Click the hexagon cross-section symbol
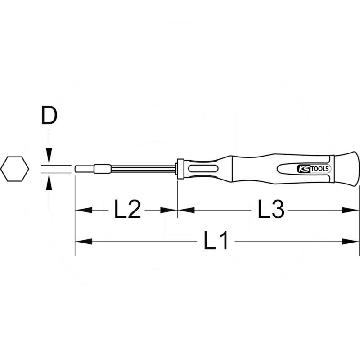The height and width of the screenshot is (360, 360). (x=14, y=169)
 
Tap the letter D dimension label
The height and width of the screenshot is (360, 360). (x=49, y=116)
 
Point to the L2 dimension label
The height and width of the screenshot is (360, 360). (x=127, y=210)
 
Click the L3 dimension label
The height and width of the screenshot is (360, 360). (x=271, y=210)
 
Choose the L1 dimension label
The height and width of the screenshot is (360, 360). (x=216, y=242)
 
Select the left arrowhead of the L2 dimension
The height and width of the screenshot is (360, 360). (x=83, y=210)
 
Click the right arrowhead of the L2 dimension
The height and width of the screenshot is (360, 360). (x=169, y=210)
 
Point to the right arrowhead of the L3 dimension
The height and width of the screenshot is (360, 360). (x=351, y=210)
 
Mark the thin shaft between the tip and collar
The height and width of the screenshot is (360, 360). (x=144, y=170)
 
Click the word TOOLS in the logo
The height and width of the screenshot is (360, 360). (x=320, y=169)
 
